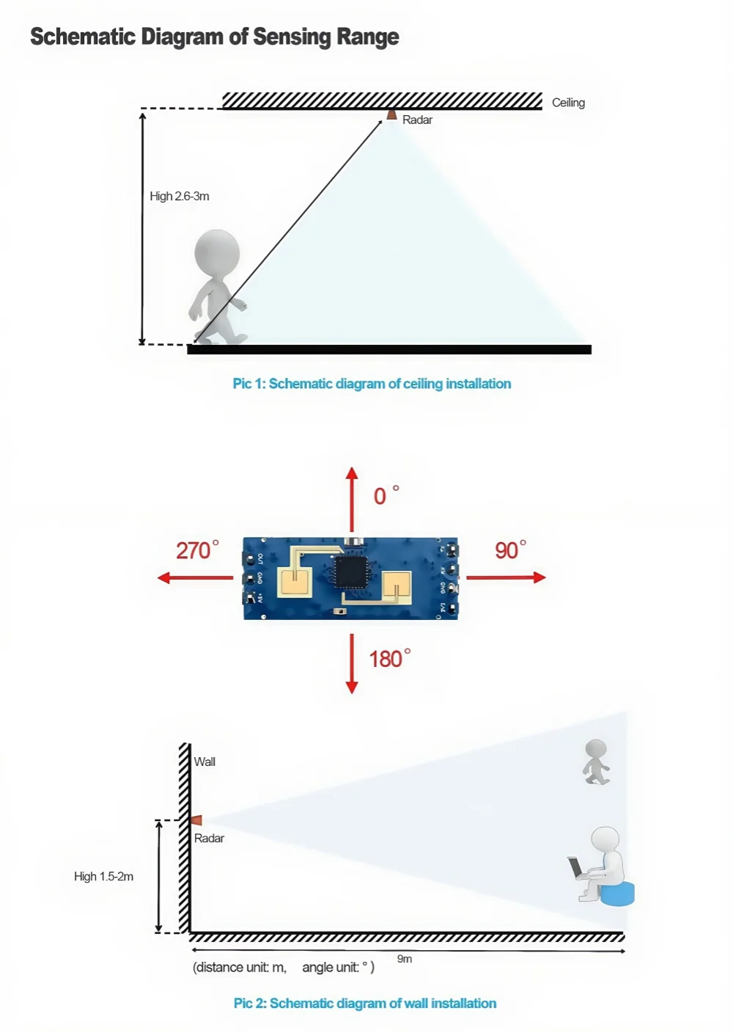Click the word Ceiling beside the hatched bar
[568, 103]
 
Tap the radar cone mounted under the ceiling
[392, 114]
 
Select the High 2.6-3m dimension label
[180, 197]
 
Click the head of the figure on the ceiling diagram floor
[217, 252]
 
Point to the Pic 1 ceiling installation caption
[372, 384]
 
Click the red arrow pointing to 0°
[352, 499]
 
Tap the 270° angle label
[196, 550]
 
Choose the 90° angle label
[510, 550]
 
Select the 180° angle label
[389, 659]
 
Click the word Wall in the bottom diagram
[205, 762]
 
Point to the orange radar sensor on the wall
[196, 820]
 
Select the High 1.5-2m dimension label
[103, 877]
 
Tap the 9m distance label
[405, 959]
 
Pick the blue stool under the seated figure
[617, 894]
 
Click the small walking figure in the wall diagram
[596, 762]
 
